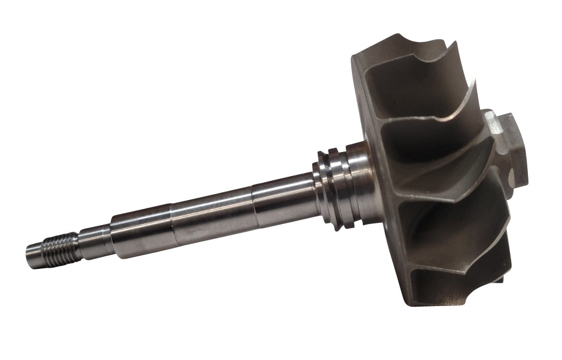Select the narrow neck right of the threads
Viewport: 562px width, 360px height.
[x=90, y=240]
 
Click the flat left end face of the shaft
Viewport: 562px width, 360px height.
[x=28, y=257]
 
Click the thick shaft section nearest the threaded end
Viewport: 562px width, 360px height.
[x=141, y=231]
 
